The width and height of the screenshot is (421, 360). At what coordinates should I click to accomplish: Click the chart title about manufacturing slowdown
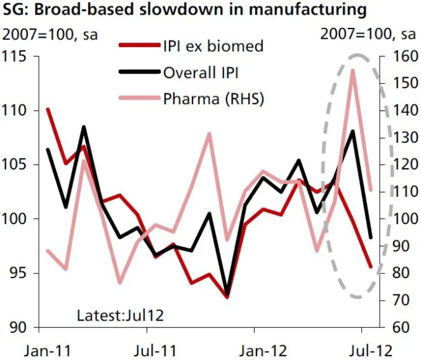pyautogui.click(x=185, y=11)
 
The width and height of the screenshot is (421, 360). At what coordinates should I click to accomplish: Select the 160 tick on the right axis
pyautogui.click(x=399, y=57)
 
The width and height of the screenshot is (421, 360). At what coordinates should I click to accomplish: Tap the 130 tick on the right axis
pyautogui.click(x=399, y=138)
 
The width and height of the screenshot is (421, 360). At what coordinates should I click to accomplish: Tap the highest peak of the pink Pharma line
pyautogui.click(x=352, y=70)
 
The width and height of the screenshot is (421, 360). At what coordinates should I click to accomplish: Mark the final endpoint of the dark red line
pyautogui.click(x=371, y=267)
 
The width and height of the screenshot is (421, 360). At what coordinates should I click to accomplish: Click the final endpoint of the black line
pyautogui.click(x=371, y=237)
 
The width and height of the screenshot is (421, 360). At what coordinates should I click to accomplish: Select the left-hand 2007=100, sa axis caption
pyautogui.click(x=48, y=35)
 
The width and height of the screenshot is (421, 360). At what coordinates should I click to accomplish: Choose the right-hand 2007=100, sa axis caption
pyautogui.click(x=368, y=35)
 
